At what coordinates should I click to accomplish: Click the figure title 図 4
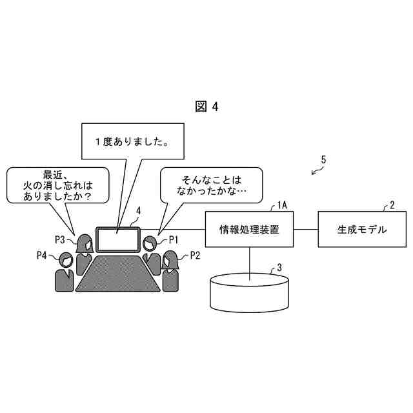point(206,107)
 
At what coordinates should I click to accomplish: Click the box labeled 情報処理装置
point(249,229)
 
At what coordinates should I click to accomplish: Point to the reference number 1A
point(281,205)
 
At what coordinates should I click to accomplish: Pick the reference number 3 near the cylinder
point(279,266)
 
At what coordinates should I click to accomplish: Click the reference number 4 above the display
point(138,210)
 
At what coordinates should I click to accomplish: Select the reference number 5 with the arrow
point(323,159)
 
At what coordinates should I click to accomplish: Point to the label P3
point(60,239)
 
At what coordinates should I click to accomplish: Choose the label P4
point(42,256)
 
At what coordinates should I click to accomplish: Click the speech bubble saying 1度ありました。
point(132,142)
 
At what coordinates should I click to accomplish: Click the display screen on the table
point(118,240)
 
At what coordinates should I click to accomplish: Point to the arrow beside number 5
point(316,170)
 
